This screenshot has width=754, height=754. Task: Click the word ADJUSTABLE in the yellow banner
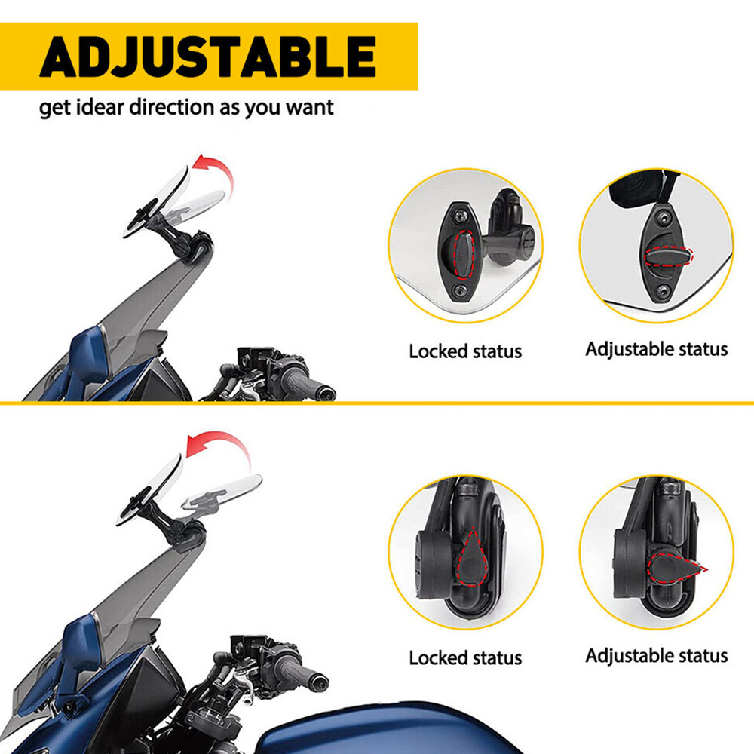(x=208, y=57)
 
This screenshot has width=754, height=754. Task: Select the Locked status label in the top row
(x=465, y=351)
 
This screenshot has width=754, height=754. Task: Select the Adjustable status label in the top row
(x=657, y=350)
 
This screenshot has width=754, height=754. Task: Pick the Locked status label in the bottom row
(x=465, y=657)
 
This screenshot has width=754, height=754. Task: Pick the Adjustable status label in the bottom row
(x=657, y=656)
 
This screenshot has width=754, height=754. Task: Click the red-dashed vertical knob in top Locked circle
(x=464, y=255)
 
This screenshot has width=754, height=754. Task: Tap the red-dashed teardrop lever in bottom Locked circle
(x=472, y=558)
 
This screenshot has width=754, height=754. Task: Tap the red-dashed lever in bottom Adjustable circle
(x=675, y=568)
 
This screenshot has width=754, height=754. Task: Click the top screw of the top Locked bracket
(x=460, y=216)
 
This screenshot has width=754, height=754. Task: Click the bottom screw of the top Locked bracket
(x=460, y=290)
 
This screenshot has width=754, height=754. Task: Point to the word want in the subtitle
(x=310, y=108)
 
